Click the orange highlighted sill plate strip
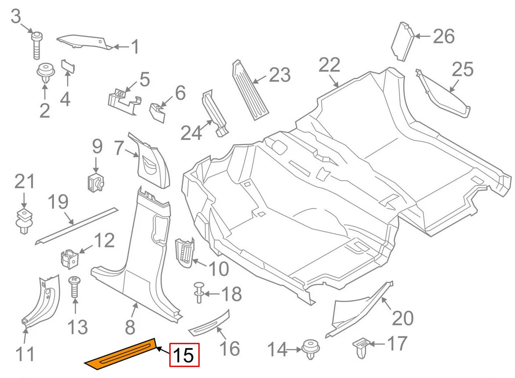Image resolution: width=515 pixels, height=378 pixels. pos(121,354)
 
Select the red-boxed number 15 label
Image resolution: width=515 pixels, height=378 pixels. pos(185,355)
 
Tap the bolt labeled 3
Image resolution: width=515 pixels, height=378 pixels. pos(37,44)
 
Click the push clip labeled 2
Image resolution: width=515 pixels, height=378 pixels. pos(44,73)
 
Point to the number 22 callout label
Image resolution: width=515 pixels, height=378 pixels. pos(329,65)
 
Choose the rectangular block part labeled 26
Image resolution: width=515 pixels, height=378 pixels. pos(402,41)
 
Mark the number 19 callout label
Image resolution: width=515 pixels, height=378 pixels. pos(58,203)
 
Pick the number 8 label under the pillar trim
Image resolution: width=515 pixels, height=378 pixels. pos(130,327)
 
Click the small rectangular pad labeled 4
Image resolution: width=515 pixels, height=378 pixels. pos(67,66)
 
